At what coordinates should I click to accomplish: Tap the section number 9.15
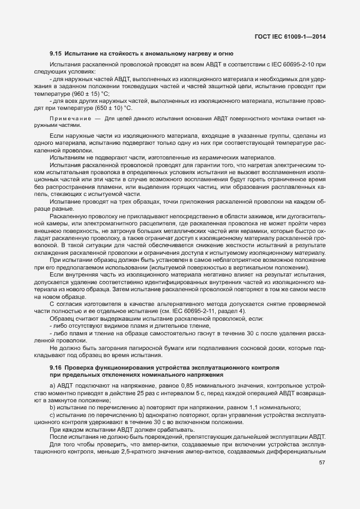[56, 53]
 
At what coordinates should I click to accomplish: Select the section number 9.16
[56, 367]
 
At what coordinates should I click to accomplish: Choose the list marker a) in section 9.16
[52, 385]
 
